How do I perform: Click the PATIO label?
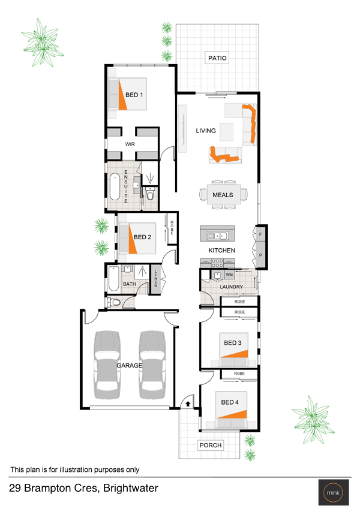217,58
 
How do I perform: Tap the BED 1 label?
134,95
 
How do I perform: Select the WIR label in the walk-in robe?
130,144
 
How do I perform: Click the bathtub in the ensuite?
115,186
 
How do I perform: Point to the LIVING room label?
206,131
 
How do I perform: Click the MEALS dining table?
224,195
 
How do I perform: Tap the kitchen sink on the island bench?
218,235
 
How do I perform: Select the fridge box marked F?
260,234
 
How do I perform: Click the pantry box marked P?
260,255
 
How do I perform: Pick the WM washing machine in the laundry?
229,275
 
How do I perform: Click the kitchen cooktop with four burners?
217,263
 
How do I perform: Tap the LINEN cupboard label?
155,279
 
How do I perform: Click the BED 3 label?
233,343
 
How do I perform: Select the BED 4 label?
230,402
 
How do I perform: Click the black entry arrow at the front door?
188,404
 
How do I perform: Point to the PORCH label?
211,445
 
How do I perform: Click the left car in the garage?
107,365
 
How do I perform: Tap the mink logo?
334,492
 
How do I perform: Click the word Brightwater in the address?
131,488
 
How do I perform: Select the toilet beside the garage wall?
114,303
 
